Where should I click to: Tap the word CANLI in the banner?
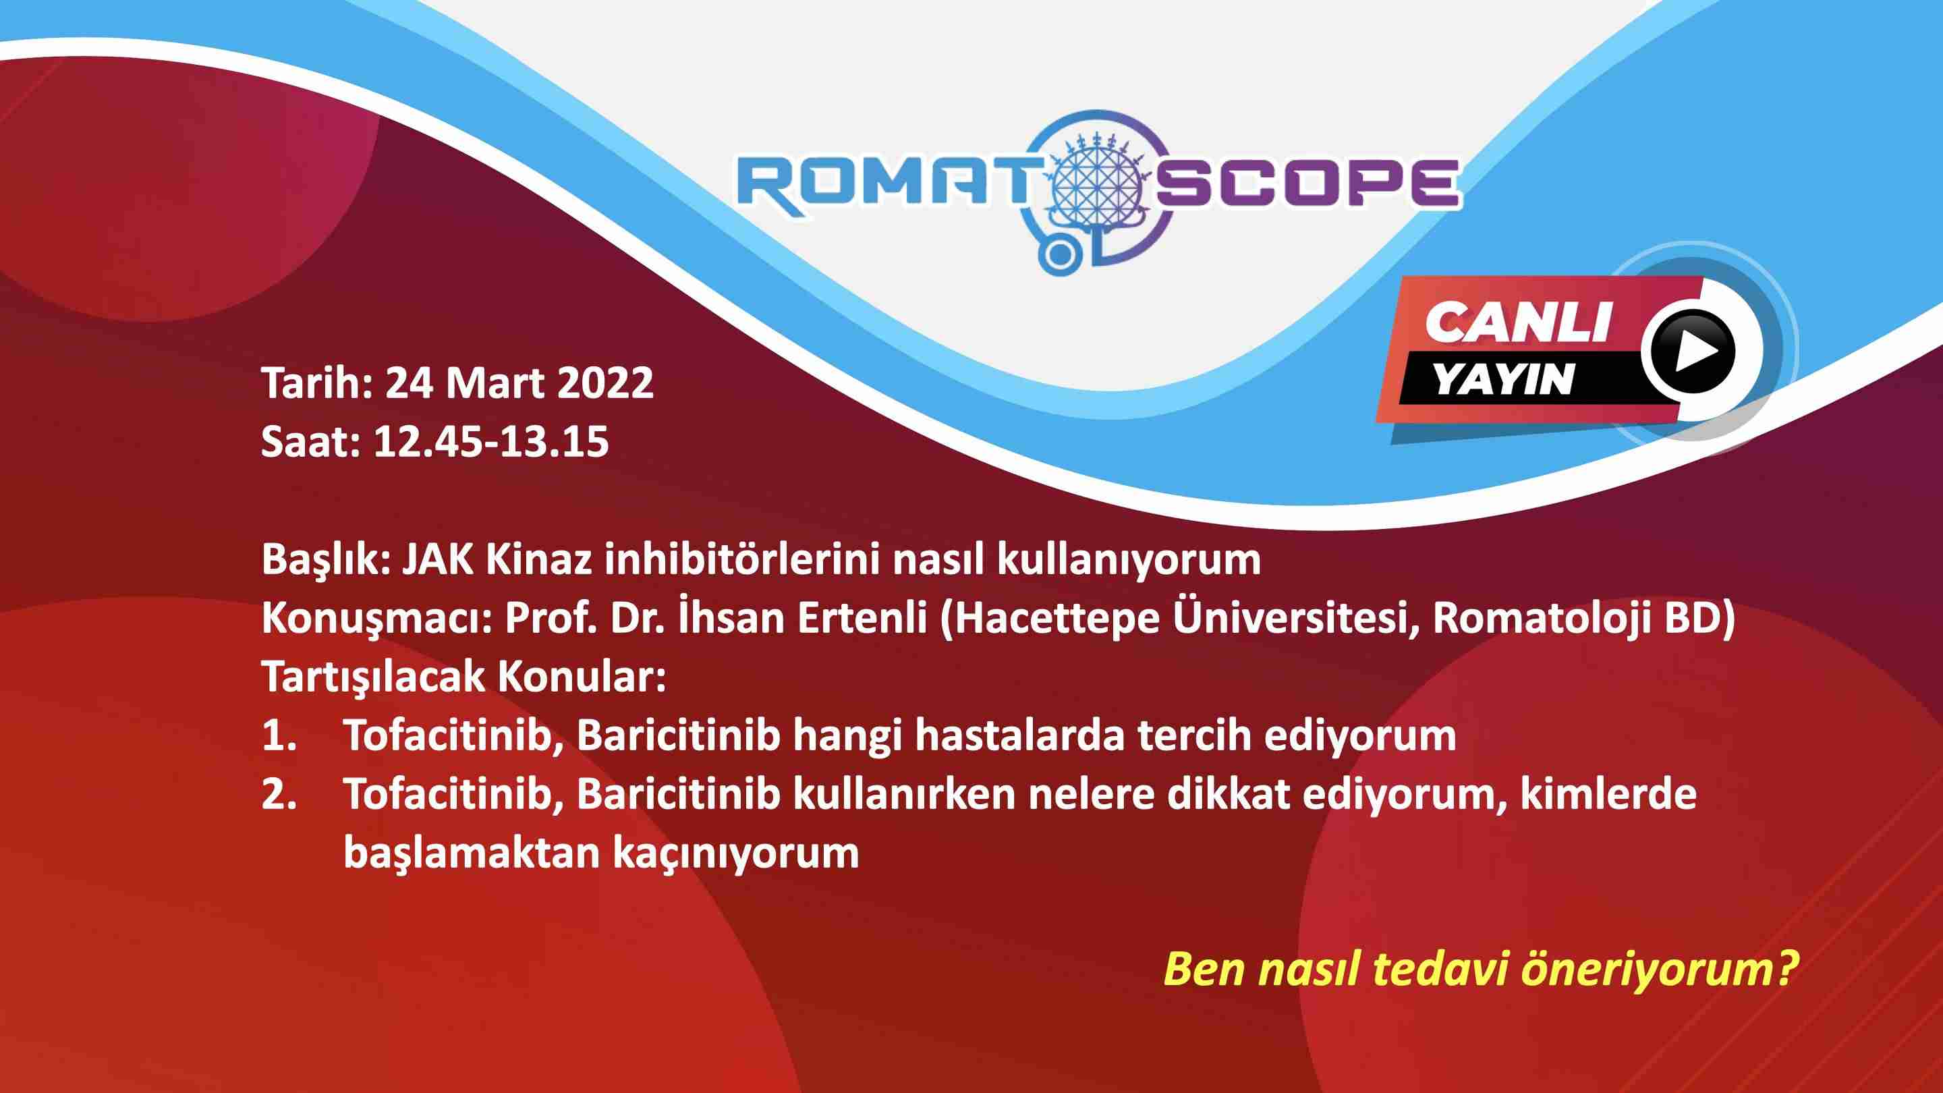[1517, 322]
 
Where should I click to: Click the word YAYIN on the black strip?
[1503, 379]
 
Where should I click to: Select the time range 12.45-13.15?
[491, 442]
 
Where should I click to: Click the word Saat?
[312, 442]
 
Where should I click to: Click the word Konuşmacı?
[376, 619]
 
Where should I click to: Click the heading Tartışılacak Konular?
[465, 677]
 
